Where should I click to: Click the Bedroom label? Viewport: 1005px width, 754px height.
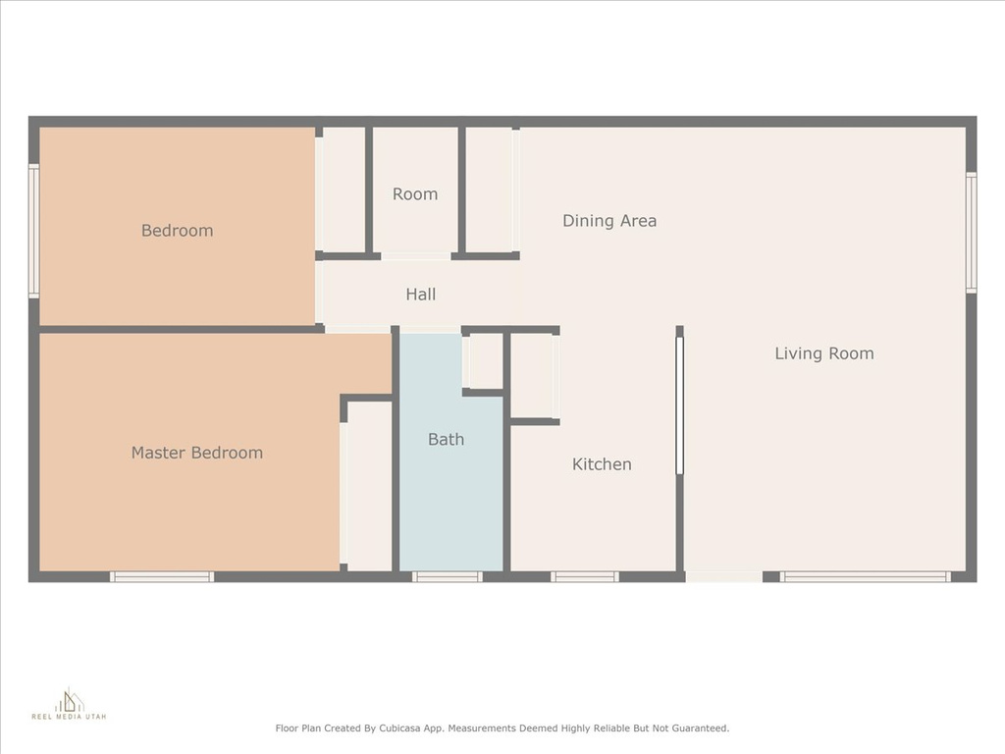[x=177, y=230]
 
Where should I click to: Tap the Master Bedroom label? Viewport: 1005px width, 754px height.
[x=196, y=453]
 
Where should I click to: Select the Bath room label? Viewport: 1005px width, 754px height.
[x=447, y=439]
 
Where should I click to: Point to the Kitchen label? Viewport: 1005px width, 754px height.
[x=602, y=464]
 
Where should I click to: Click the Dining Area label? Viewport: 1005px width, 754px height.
[x=609, y=221]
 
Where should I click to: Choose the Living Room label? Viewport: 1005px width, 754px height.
[x=824, y=353]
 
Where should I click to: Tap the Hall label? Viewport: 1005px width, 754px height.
[x=420, y=295]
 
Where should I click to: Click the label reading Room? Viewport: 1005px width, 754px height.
[x=415, y=194]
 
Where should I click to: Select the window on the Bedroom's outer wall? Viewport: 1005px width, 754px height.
[x=34, y=231]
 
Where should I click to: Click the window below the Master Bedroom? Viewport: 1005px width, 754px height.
[x=162, y=577]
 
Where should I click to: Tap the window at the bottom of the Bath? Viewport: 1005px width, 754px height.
[x=447, y=577]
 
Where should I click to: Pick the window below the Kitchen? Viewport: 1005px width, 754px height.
[x=585, y=577]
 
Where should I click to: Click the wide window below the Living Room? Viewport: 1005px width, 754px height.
[x=866, y=577]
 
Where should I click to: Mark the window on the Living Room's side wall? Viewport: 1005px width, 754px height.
[x=971, y=232]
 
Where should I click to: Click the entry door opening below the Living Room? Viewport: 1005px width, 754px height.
[x=723, y=577]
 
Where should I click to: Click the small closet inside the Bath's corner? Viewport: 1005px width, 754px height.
[x=483, y=361]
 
